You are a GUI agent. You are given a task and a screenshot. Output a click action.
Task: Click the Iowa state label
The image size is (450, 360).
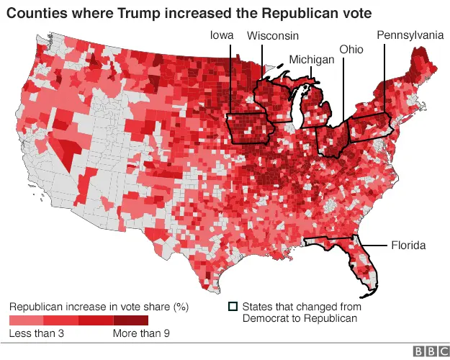tap(221, 35)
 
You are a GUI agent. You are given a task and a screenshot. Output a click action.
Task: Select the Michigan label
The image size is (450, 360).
tap(312, 60)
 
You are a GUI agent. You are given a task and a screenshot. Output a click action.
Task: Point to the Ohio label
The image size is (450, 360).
tap(351, 49)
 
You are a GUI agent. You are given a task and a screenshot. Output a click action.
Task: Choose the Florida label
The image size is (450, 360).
tap(408, 246)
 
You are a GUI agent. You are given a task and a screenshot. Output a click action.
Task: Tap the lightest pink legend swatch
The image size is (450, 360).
tap(26, 319)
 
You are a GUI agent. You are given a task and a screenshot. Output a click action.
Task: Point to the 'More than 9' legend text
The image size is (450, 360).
tap(142, 333)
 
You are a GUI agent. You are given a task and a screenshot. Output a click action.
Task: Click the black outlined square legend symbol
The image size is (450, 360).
tap(233, 306)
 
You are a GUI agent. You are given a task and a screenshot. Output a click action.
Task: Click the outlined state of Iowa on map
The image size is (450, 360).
tap(249, 130)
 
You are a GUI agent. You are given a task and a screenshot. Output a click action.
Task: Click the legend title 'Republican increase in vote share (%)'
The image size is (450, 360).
tap(99, 306)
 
